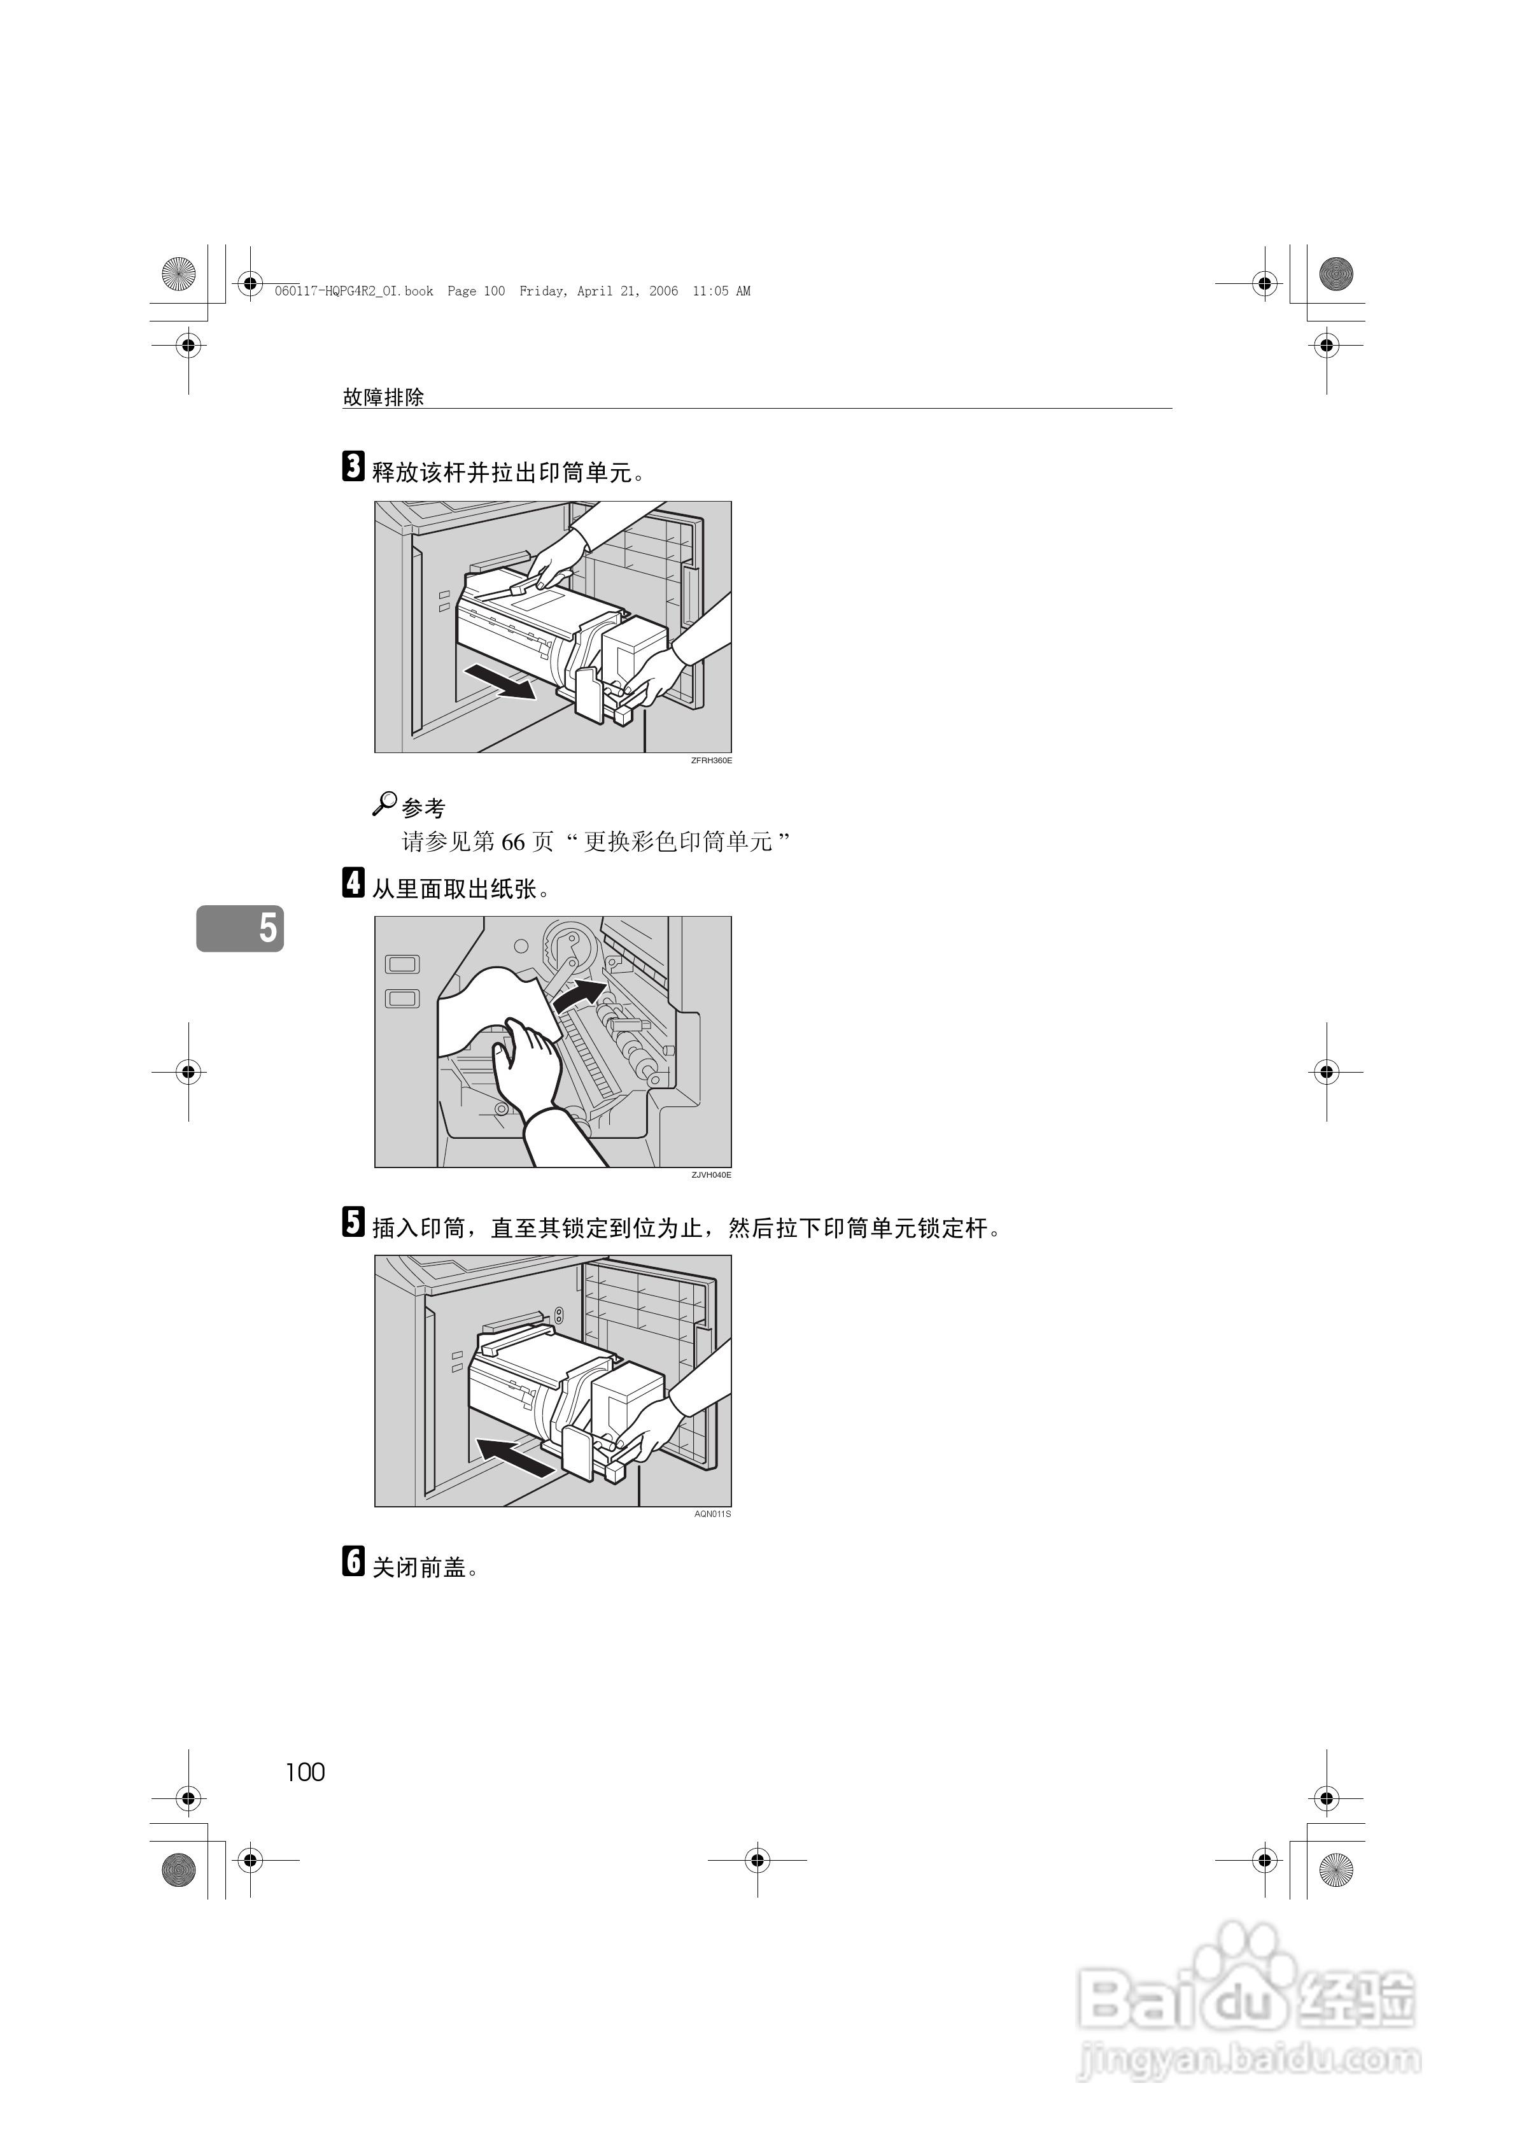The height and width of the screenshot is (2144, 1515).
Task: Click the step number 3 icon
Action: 353,467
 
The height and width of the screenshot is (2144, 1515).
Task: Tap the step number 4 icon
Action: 353,882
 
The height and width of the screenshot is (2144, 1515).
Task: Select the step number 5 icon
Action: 353,1222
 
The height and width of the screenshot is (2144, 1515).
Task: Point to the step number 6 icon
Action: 353,1560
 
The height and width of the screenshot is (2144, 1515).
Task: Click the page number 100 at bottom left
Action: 306,1772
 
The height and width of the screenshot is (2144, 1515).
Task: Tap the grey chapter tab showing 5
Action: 240,928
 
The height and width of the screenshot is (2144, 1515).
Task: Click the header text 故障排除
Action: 383,397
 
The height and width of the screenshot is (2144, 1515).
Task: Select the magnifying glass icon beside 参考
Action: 384,803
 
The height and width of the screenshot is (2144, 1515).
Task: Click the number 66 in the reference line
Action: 514,842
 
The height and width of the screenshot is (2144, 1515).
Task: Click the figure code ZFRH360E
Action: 711,761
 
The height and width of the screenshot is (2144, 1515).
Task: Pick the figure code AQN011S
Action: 713,1514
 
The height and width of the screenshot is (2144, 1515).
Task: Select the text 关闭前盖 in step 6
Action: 419,1568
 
